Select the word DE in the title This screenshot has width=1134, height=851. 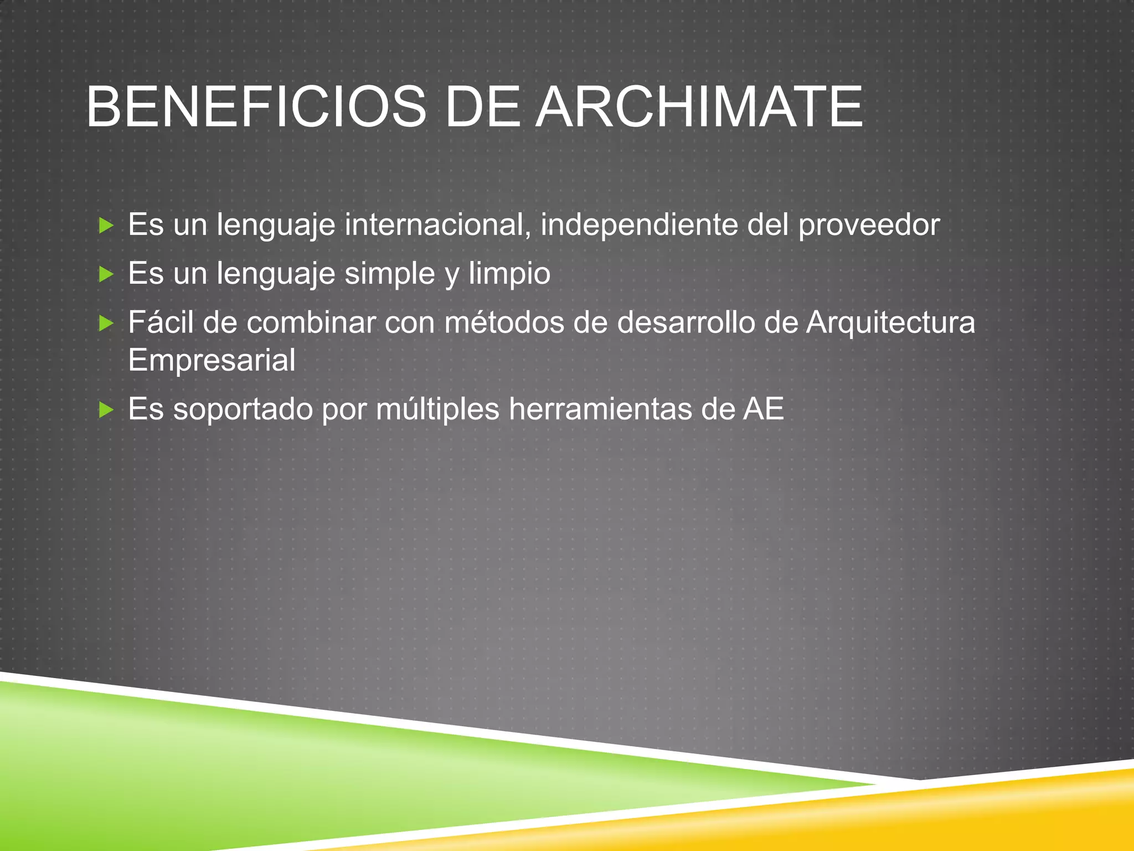coord(480,107)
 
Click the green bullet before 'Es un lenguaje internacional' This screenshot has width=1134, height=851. coord(106,225)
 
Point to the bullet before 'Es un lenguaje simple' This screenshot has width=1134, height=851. coord(106,274)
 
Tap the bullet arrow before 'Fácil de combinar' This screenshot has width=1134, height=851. coord(106,323)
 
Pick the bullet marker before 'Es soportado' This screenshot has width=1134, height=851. coord(106,410)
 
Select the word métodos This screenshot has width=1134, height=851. coord(504,322)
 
